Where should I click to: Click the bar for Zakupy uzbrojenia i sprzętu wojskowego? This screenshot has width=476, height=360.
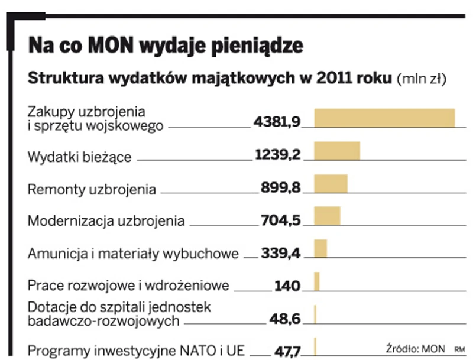point(384,118)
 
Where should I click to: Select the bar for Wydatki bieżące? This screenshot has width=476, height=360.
point(337,151)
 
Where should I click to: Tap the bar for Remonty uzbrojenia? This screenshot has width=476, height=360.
point(331,183)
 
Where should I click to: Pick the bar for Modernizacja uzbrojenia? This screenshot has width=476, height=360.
point(327,216)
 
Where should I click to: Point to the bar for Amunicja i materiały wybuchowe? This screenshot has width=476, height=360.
point(320,248)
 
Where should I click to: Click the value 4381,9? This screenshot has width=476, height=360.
point(277,121)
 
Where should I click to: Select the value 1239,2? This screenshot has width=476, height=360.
point(278,155)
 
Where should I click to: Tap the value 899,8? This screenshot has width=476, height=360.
point(281,188)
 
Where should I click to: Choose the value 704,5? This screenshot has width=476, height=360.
point(281,220)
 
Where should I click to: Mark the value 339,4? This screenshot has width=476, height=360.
point(281,254)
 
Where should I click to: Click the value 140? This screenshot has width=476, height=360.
point(287,286)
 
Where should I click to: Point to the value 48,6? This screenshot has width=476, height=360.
point(285,320)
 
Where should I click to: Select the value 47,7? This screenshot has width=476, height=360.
point(287,352)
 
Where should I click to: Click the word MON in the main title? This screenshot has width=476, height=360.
point(112,46)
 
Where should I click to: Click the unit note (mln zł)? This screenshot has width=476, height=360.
point(422,79)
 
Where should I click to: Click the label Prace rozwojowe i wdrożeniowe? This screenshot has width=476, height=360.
point(128,286)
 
